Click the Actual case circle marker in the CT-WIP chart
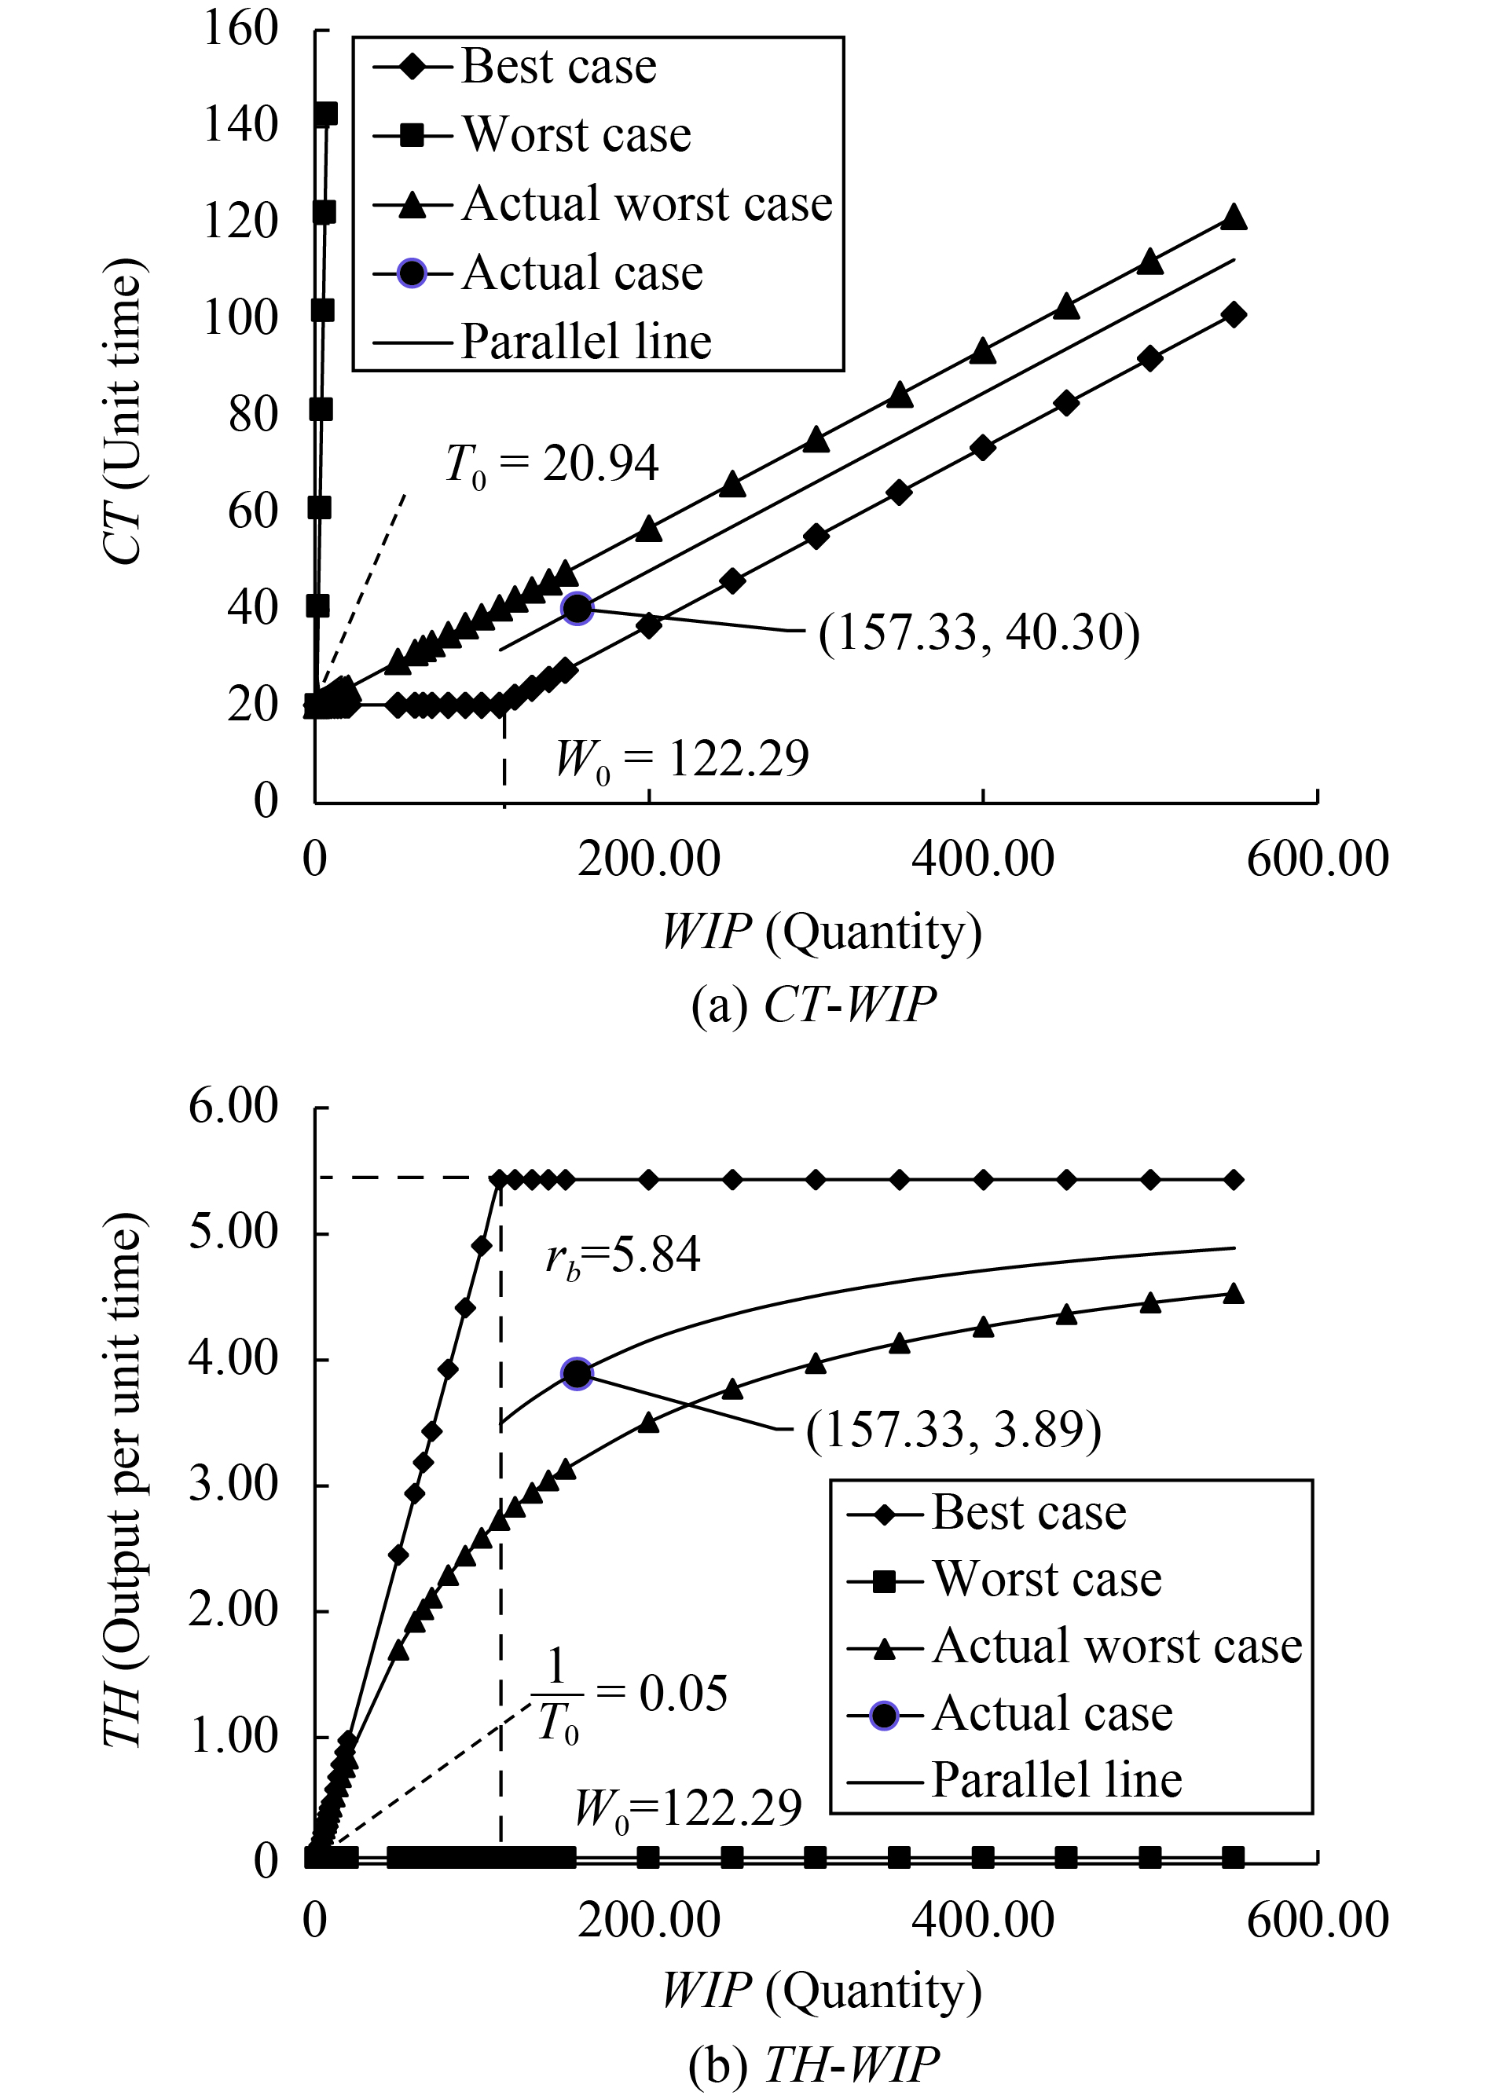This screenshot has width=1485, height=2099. pos(577,608)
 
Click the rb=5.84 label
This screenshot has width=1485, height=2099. pos(623,1255)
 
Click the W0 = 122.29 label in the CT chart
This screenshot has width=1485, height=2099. pos(682,759)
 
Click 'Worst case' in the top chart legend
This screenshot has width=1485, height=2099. pos(576,134)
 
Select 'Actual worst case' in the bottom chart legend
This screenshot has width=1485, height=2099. pos(1116,1646)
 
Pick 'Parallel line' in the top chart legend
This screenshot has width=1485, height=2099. pos(586,341)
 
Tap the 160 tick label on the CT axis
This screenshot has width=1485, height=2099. pos(240,29)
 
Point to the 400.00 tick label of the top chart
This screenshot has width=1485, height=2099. pos(983,859)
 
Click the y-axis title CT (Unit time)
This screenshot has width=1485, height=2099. pos(123,412)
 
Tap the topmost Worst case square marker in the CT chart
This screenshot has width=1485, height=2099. pos(326,114)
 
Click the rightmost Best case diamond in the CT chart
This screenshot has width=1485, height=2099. pos(1234,314)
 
